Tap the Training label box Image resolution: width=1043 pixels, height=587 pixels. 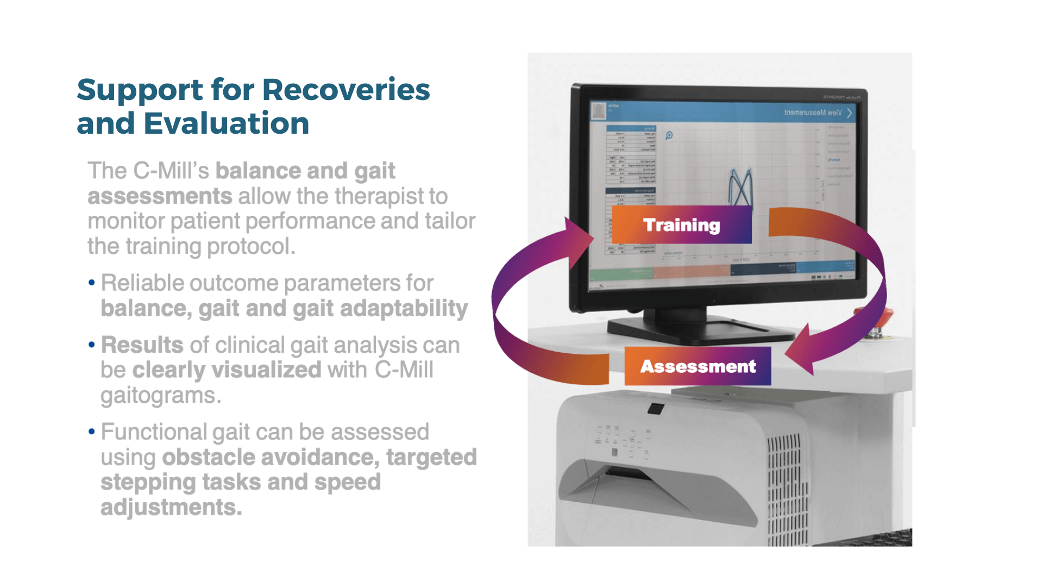click(x=682, y=224)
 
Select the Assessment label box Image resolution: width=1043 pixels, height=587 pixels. click(x=698, y=366)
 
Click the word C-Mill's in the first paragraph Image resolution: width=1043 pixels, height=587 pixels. click(x=171, y=171)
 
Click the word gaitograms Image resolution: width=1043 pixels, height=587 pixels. click(x=160, y=396)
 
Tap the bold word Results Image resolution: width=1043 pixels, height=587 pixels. click(x=142, y=345)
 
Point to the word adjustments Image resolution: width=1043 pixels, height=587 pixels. click(x=171, y=508)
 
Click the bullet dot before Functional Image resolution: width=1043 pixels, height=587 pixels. click(x=91, y=432)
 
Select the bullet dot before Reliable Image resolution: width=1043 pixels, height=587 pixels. click(x=91, y=283)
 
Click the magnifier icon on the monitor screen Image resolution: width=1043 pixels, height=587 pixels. click(x=669, y=135)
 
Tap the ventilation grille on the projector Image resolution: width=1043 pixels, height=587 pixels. click(x=786, y=489)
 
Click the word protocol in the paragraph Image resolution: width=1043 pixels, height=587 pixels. click(x=250, y=247)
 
